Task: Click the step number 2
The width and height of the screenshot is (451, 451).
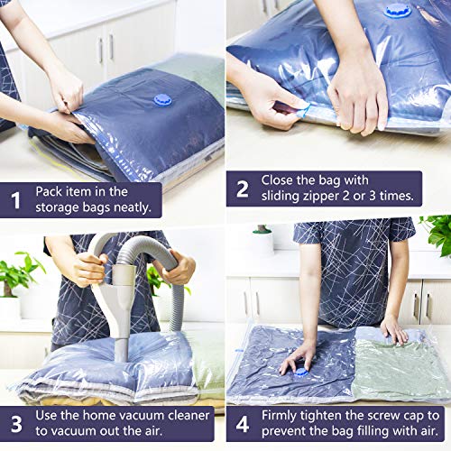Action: pos(242,189)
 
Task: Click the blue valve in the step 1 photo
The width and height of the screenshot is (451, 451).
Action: pos(162,99)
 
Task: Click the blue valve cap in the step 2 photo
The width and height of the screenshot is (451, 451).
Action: pos(398,11)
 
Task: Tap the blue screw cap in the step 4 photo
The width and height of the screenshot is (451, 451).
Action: pos(300,370)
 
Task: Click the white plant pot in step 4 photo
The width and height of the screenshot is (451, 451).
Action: pos(262,243)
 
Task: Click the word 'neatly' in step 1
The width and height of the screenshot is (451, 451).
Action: pos(132,208)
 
